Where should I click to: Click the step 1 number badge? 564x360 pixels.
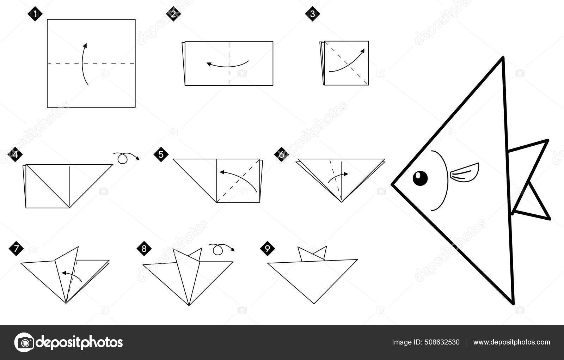point(35,14)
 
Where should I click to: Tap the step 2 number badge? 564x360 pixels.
point(173,14)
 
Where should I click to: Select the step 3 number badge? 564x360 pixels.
point(313,14)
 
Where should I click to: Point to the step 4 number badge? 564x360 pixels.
point(15,155)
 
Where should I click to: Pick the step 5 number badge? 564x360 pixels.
point(161,155)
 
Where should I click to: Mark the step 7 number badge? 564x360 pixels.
point(16,249)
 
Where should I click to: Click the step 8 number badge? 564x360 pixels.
point(144,249)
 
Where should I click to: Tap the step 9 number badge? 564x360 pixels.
point(267,249)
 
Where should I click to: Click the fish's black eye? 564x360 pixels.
point(420,178)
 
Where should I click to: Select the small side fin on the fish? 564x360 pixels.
point(464,172)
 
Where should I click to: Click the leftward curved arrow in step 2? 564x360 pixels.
point(227,65)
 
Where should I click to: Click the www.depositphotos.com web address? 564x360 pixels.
point(511,342)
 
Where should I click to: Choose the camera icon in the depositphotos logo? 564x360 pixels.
point(24,342)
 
